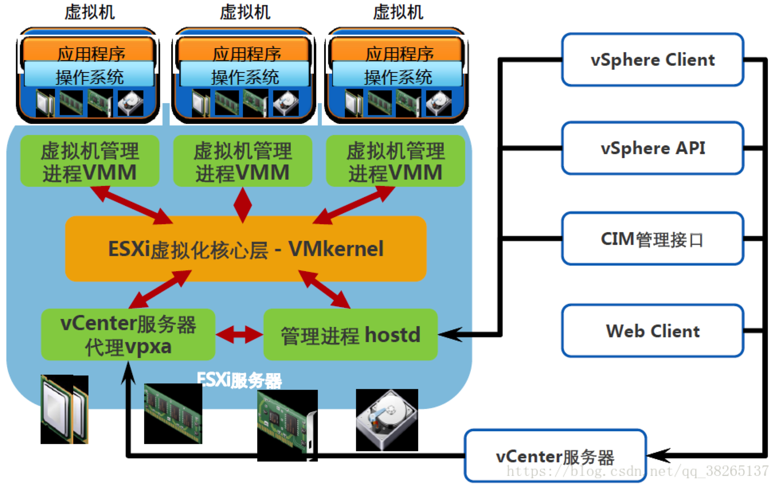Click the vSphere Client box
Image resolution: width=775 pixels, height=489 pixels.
652,60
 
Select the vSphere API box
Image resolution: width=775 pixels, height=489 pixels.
652,148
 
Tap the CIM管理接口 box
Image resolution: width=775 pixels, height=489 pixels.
652,239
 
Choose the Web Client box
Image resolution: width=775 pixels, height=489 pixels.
652,331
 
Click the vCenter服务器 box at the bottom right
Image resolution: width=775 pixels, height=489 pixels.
555,456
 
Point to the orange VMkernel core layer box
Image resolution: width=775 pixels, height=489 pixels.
246,249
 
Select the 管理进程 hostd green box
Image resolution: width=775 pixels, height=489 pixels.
350,335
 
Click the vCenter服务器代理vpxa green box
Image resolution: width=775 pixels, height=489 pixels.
128,335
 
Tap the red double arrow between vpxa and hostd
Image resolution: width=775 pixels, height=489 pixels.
239,335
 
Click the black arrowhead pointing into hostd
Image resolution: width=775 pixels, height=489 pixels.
450,334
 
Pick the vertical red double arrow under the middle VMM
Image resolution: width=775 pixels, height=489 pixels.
243,205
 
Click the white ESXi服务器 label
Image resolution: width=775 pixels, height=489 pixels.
239,380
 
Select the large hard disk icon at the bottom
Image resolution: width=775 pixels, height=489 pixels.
387,420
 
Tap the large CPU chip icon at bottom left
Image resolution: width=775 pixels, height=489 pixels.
64,409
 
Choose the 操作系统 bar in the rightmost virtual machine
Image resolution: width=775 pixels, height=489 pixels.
397,76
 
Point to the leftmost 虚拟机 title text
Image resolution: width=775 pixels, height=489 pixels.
90,12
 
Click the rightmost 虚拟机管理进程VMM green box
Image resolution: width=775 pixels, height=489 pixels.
395,161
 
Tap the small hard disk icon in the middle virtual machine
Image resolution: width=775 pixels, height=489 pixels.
286,103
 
